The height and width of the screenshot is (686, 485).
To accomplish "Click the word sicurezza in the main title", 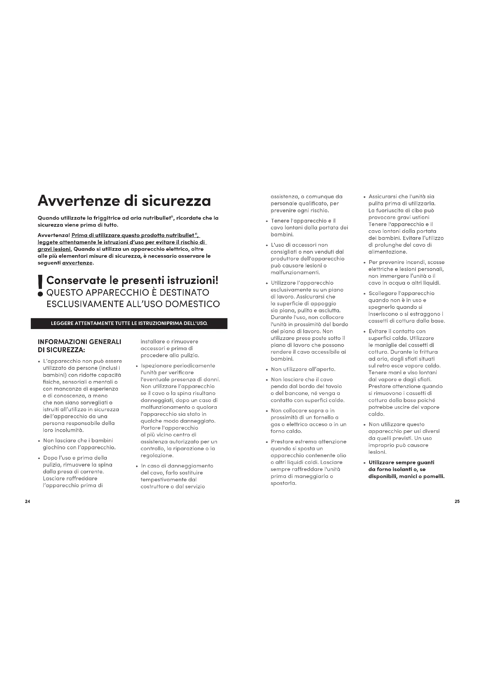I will coord(176,201).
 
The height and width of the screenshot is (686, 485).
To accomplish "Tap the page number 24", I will coord(28,502).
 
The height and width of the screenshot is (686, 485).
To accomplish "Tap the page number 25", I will coord(457,502).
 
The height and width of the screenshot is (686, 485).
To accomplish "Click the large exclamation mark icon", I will coord(40,286).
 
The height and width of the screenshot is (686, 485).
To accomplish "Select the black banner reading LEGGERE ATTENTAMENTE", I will coord(129,323).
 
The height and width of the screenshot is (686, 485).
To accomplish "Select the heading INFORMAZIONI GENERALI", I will coord(79,342).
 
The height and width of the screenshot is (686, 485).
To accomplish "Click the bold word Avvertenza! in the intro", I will coord(54,235).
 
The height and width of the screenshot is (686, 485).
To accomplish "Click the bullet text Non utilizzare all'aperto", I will coord(303,369).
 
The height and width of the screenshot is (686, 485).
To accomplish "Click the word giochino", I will coord(54,447).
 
